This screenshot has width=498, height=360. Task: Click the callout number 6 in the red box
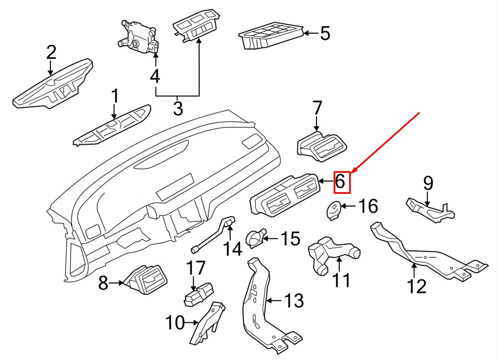(341, 181)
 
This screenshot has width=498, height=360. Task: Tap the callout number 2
(51, 53)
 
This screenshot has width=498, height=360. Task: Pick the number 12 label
(417, 286)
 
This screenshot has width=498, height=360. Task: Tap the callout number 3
(178, 108)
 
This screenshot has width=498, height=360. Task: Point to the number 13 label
(294, 301)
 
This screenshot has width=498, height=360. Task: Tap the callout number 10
(175, 322)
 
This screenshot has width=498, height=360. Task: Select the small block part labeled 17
(198, 294)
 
